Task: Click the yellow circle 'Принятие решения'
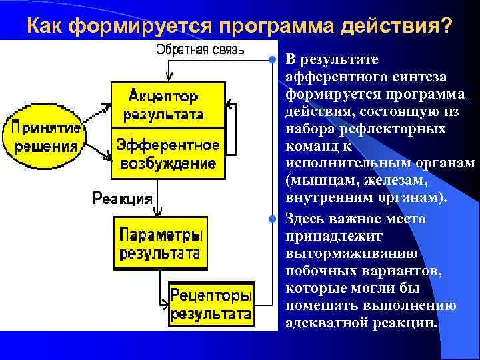click(x=45, y=136)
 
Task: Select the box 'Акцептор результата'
click(x=167, y=103)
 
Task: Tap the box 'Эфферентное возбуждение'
click(x=167, y=153)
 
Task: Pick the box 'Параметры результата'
click(x=160, y=243)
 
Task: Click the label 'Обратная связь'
click(x=200, y=49)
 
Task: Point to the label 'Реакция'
click(x=122, y=198)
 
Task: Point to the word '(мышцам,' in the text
click(x=315, y=181)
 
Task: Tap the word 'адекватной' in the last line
click(x=322, y=323)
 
